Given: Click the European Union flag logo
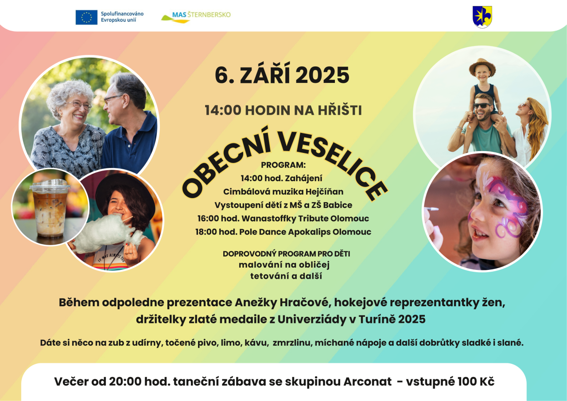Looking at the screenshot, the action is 86,17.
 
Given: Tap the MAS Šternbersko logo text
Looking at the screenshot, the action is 201,15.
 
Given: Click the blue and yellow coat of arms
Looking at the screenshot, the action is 482,17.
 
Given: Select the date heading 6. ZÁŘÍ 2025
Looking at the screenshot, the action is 282,75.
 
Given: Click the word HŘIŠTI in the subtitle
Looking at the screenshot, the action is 340,110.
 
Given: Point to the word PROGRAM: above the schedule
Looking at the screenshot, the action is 283,165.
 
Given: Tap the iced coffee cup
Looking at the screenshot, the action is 50,208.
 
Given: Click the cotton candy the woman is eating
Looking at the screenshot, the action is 106,234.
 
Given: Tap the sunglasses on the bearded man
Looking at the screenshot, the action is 482,105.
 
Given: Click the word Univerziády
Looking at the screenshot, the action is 312,319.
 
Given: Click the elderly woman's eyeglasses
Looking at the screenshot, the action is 79,105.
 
